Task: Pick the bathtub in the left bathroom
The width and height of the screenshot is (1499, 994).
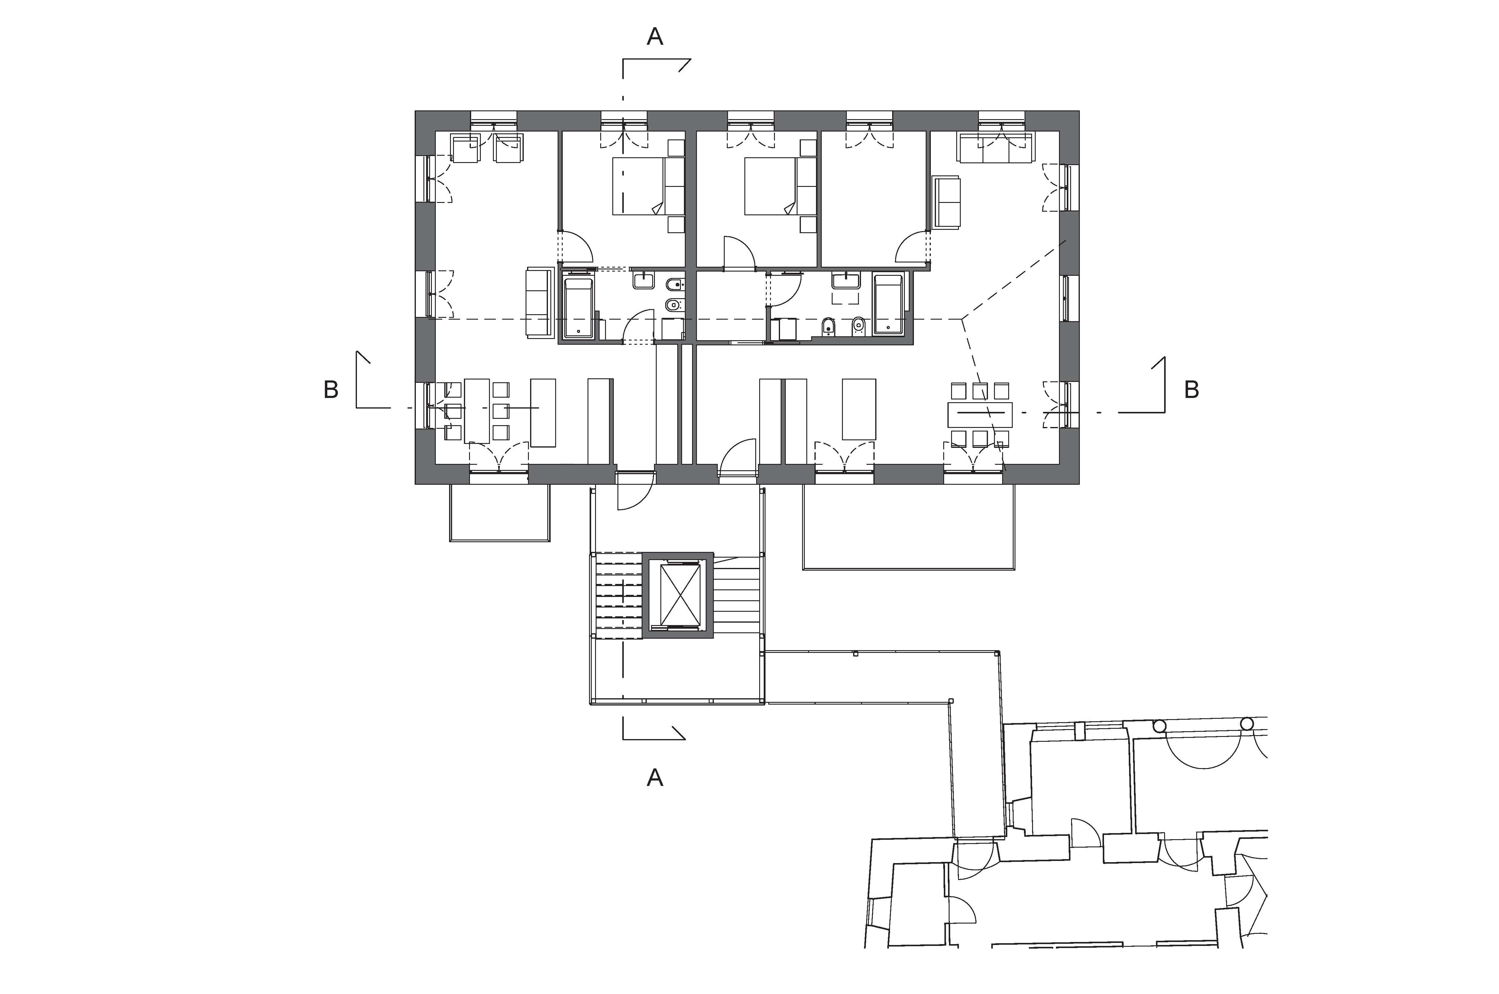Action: [x=578, y=308]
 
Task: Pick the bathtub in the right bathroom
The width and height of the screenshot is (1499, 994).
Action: [x=888, y=304]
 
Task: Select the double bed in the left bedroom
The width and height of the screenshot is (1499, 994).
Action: [x=639, y=186]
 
